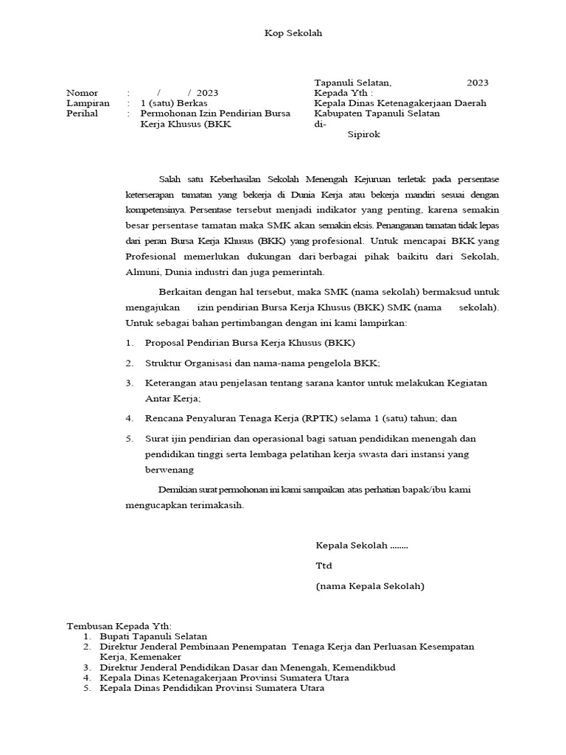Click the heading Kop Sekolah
[x=293, y=33]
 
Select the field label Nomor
[x=82, y=93]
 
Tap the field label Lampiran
[x=87, y=103]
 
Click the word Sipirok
[x=364, y=135]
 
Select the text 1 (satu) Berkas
[x=174, y=103]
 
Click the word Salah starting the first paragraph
[x=170, y=179]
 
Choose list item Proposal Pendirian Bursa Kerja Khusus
[x=250, y=343]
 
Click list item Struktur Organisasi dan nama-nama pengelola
[x=262, y=363]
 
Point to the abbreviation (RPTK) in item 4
[x=321, y=418]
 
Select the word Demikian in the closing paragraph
[x=179, y=490]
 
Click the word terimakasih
[x=216, y=506]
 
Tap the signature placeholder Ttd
[x=324, y=566]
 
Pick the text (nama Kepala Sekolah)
[x=370, y=586]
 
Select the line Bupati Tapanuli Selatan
[x=153, y=636]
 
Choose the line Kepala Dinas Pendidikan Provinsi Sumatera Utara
[x=212, y=687]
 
